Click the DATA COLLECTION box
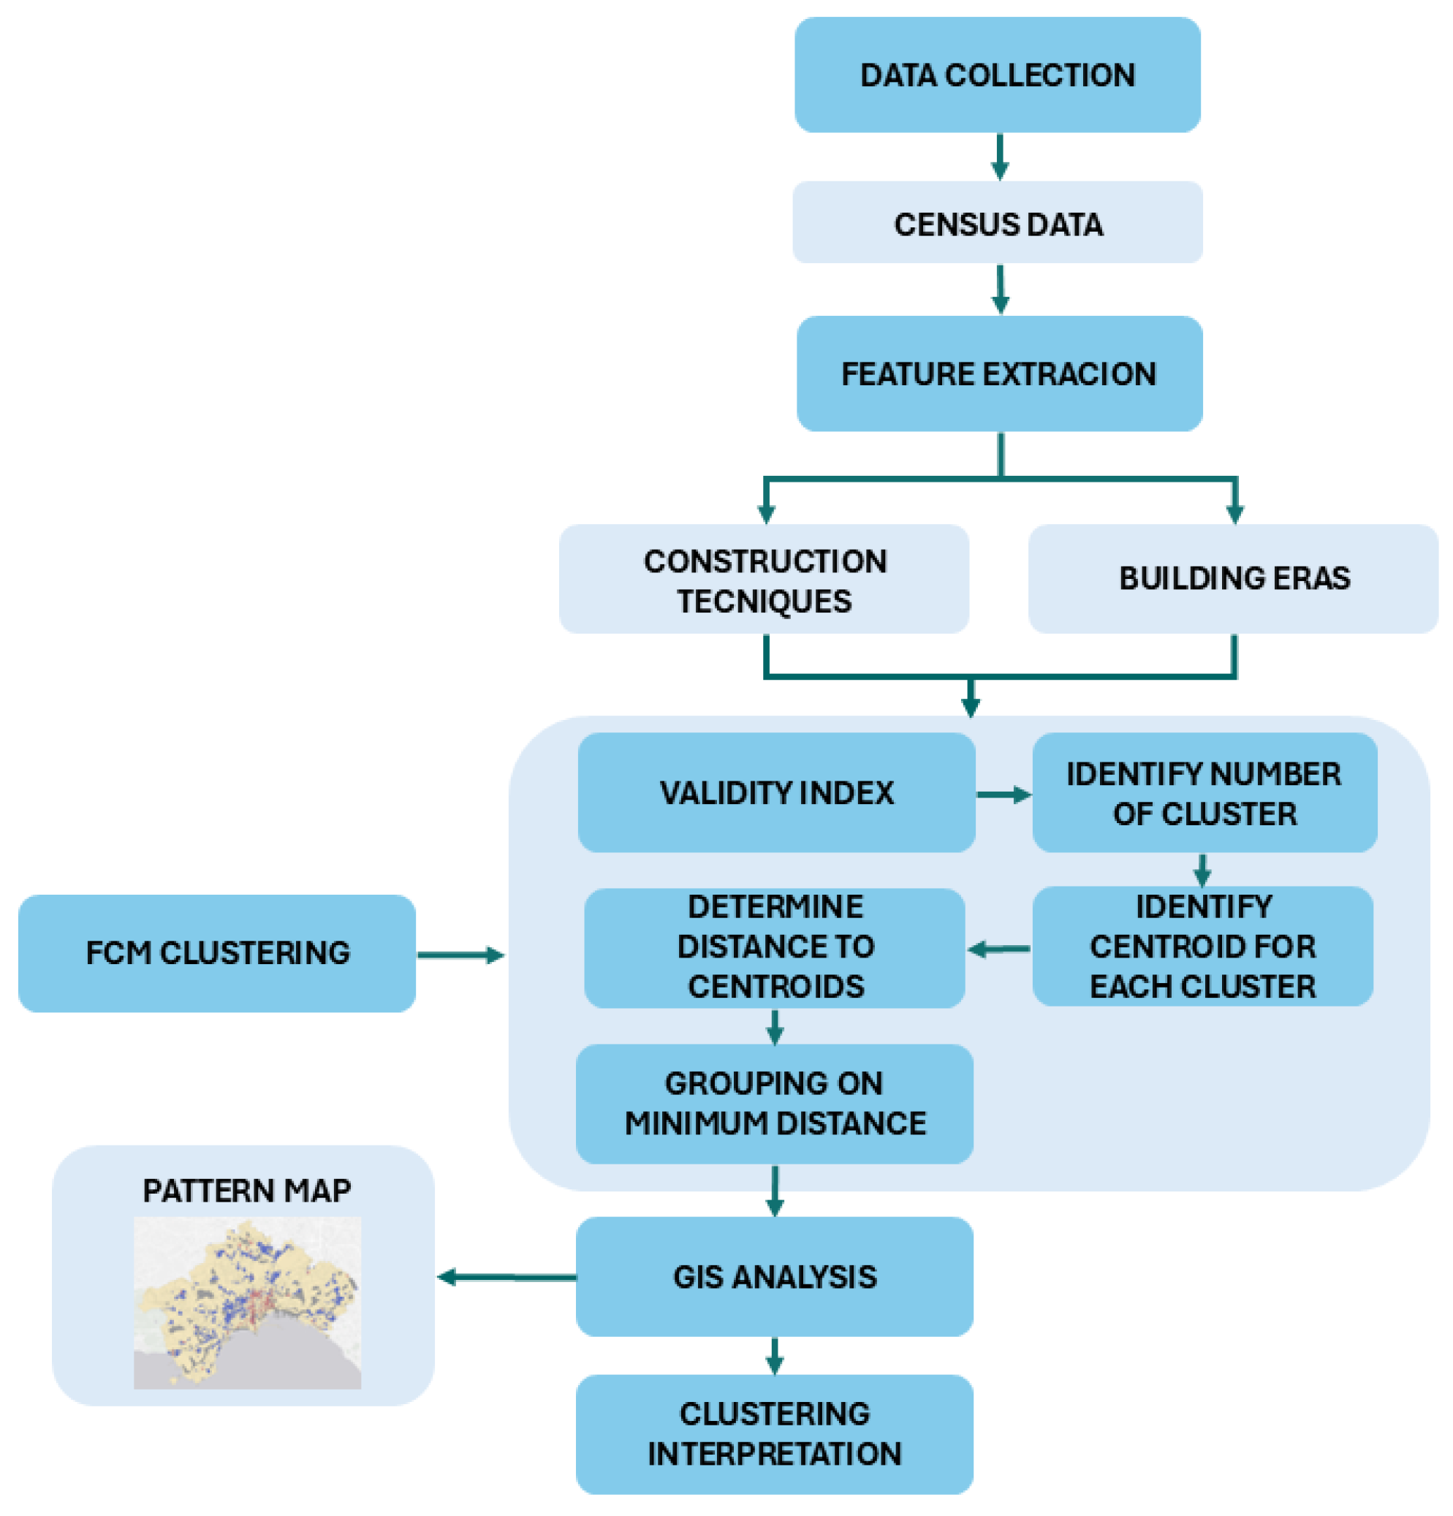click(997, 75)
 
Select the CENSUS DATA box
click(997, 223)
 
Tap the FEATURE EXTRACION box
click(999, 374)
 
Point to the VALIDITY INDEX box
click(775, 793)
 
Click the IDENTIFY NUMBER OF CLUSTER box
click(1203, 793)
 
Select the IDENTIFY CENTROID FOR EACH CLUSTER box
click(1202, 946)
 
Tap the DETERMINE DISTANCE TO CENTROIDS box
click(774, 947)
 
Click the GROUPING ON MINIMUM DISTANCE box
click(774, 1104)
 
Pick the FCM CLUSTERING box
click(217, 953)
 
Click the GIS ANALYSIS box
click(774, 1276)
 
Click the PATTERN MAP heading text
click(247, 1191)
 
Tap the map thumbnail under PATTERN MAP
click(247, 1303)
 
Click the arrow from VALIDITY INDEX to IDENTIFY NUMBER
click(1003, 795)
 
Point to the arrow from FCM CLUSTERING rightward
click(460, 955)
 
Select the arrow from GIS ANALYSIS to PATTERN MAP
click(507, 1277)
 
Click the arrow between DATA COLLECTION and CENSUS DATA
click(999, 157)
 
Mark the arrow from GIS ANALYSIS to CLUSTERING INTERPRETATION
click(774, 1354)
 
